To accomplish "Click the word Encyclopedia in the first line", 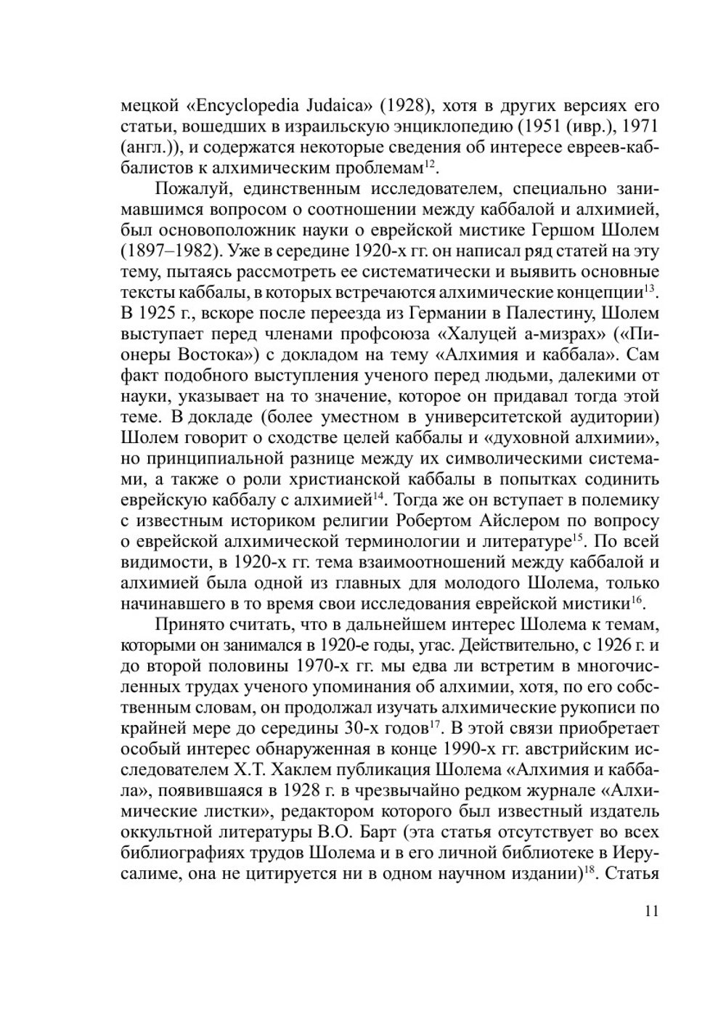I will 248,106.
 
